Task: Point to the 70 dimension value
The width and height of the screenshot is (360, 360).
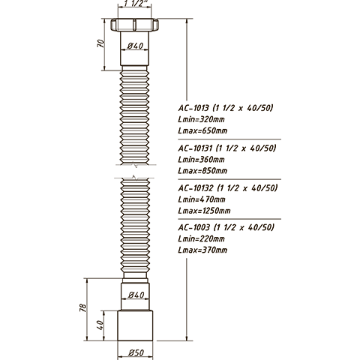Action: [x=100, y=43]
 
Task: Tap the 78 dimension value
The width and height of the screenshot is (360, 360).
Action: [x=83, y=307]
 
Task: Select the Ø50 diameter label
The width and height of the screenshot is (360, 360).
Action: [x=136, y=352]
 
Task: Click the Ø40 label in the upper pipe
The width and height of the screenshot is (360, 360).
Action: [x=135, y=46]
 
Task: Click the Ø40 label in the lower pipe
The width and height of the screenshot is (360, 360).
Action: [x=136, y=295]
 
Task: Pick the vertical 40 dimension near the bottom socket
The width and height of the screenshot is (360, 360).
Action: [x=100, y=325]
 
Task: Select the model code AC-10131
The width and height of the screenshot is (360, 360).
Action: [x=195, y=148]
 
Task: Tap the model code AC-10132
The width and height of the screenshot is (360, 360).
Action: [x=196, y=187]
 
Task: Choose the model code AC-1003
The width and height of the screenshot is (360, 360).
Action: [x=194, y=227]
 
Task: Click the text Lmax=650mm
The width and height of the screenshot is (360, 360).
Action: [x=202, y=130]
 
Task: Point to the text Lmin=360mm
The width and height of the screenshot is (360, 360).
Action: [x=201, y=160]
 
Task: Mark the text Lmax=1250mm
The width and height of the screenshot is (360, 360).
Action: [x=204, y=211]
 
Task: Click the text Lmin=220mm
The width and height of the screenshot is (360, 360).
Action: [x=201, y=238]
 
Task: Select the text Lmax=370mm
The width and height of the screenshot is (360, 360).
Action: [x=202, y=250]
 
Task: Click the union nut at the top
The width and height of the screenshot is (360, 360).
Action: [x=134, y=25]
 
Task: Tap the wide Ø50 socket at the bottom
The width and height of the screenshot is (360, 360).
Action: [x=135, y=325]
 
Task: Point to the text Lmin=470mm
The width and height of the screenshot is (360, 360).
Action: [x=202, y=199]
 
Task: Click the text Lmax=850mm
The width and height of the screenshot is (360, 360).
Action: [x=202, y=171]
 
